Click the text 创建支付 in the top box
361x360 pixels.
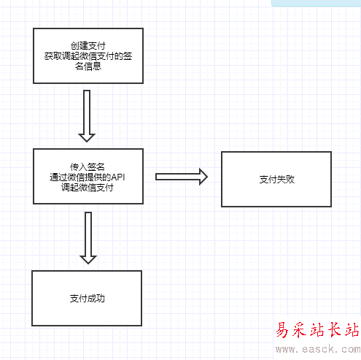(x=88, y=46)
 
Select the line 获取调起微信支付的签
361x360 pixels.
(x=88, y=56)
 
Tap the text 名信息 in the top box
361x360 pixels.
(x=88, y=66)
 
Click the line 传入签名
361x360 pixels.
(x=88, y=167)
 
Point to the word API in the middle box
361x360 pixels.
(x=118, y=177)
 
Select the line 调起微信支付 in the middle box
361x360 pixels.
(x=88, y=188)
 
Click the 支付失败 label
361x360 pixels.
(x=277, y=180)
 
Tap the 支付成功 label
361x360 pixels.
(x=88, y=299)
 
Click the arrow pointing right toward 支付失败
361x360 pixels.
(x=182, y=177)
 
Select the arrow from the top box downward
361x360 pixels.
(x=87, y=116)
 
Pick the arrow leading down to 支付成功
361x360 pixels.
(x=88, y=238)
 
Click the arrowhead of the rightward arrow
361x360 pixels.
(x=203, y=177)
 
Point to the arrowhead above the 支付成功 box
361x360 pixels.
(x=88, y=260)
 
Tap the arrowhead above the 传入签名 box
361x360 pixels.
(x=87, y=138)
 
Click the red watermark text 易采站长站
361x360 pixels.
(x=318, y=330)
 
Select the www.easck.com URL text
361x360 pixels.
(x=318, y=349)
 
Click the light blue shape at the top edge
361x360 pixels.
(x=316, y=3)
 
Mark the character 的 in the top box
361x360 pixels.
(x=119, y=56)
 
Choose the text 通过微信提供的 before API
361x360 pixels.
(x=80, y=177)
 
